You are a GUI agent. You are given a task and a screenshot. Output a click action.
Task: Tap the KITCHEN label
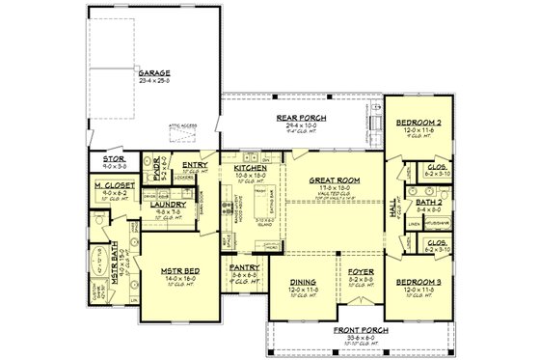(x=251, y=167)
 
